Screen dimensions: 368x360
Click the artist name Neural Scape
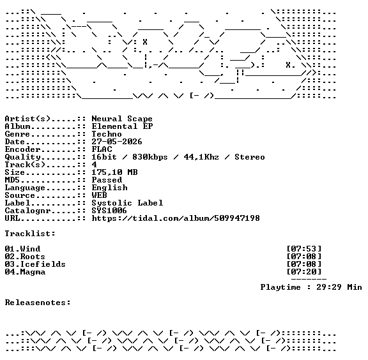point(122,119)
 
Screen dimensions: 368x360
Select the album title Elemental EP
point(122,126)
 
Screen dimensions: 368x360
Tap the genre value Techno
point(107,134)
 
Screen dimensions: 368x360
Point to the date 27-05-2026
point(117,142)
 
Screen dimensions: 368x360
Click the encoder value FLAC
point(102,149)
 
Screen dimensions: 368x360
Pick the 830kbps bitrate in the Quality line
point(150,157)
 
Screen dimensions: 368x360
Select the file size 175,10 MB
point(114,172)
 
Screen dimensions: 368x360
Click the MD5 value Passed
point(107,180)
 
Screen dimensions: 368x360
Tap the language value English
point(110,188)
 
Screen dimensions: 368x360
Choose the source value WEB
point(99,195)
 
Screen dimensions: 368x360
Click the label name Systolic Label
point(127,203)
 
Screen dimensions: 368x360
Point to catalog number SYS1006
point(109,211)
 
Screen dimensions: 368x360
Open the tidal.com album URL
point(176,218)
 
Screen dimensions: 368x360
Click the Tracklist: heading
point(30,234)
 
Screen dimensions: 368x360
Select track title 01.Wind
point(22,249)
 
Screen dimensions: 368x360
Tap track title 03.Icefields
point(35,264)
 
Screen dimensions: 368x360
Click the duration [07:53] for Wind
point(304,249)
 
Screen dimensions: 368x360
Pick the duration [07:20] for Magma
point(304,272)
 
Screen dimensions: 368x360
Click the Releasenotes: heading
point(38,303)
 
